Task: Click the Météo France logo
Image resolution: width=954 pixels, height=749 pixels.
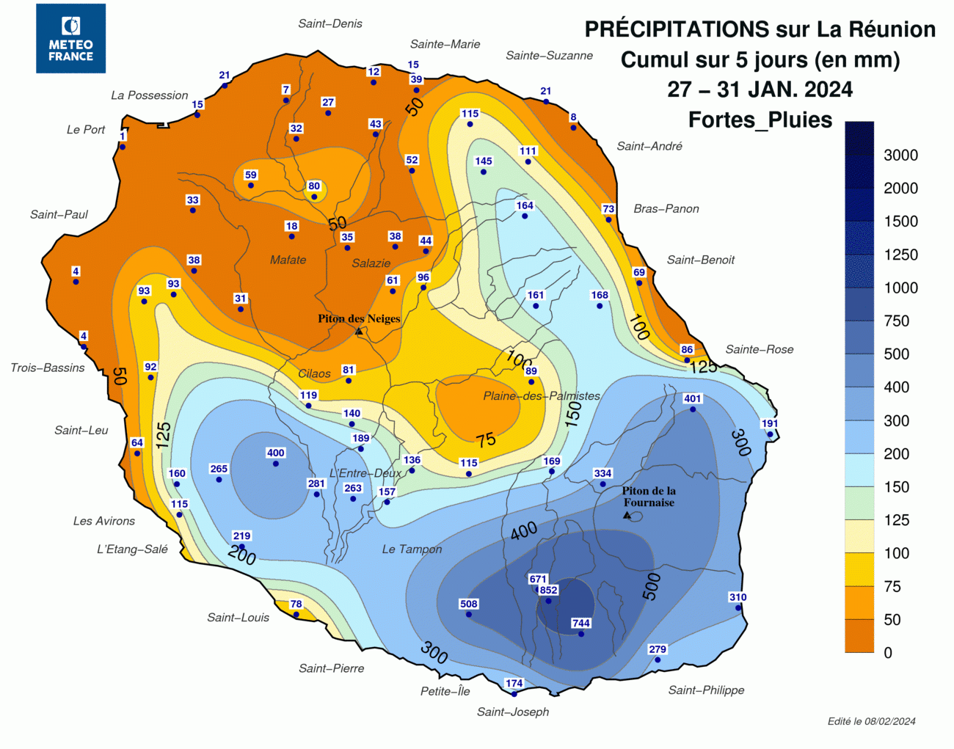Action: click(70, 38)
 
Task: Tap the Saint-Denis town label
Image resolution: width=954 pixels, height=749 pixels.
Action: click(330, 23)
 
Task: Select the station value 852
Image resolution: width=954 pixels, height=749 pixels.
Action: click(549, 590)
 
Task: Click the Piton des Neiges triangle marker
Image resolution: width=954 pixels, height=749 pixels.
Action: click(359, 332)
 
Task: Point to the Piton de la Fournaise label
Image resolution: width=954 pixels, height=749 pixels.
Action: click(649, 497)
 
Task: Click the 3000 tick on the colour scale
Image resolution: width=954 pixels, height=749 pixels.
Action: click(900, 155)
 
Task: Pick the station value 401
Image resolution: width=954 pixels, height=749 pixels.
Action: click(693, 398)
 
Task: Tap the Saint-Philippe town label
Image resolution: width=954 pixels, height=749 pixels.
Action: click(706, 690)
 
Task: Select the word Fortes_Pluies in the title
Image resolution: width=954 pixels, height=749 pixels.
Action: click(760, 120)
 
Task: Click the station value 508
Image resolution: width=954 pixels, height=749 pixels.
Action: click(469, 604)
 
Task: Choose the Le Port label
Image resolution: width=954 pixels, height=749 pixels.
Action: click(86, 130)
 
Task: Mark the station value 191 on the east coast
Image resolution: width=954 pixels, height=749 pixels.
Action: click(770, 423)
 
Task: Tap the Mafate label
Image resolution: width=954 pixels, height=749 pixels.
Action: click(288, 260)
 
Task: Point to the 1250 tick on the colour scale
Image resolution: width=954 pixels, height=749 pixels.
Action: click(900, 255)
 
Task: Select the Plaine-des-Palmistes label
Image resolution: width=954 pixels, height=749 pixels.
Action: click(542, 396)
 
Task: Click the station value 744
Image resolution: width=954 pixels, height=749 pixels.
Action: click(581, 623)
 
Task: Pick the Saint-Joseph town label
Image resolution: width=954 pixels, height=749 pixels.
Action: click(513, 712)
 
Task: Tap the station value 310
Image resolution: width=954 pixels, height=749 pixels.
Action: click(738, 597)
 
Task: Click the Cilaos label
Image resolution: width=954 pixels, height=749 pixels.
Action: click(314, 373)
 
